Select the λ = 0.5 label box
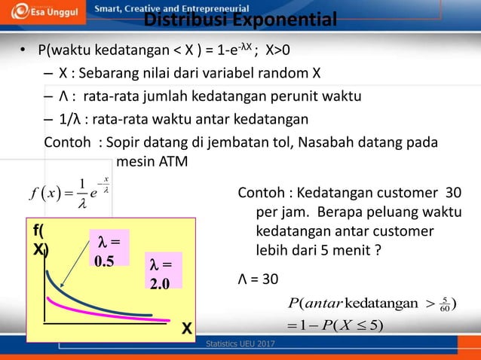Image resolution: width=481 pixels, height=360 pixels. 109,249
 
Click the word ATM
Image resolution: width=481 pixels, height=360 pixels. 174,161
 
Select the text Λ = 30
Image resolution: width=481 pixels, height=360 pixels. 258,279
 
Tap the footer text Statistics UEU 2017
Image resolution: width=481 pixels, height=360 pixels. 240,344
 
